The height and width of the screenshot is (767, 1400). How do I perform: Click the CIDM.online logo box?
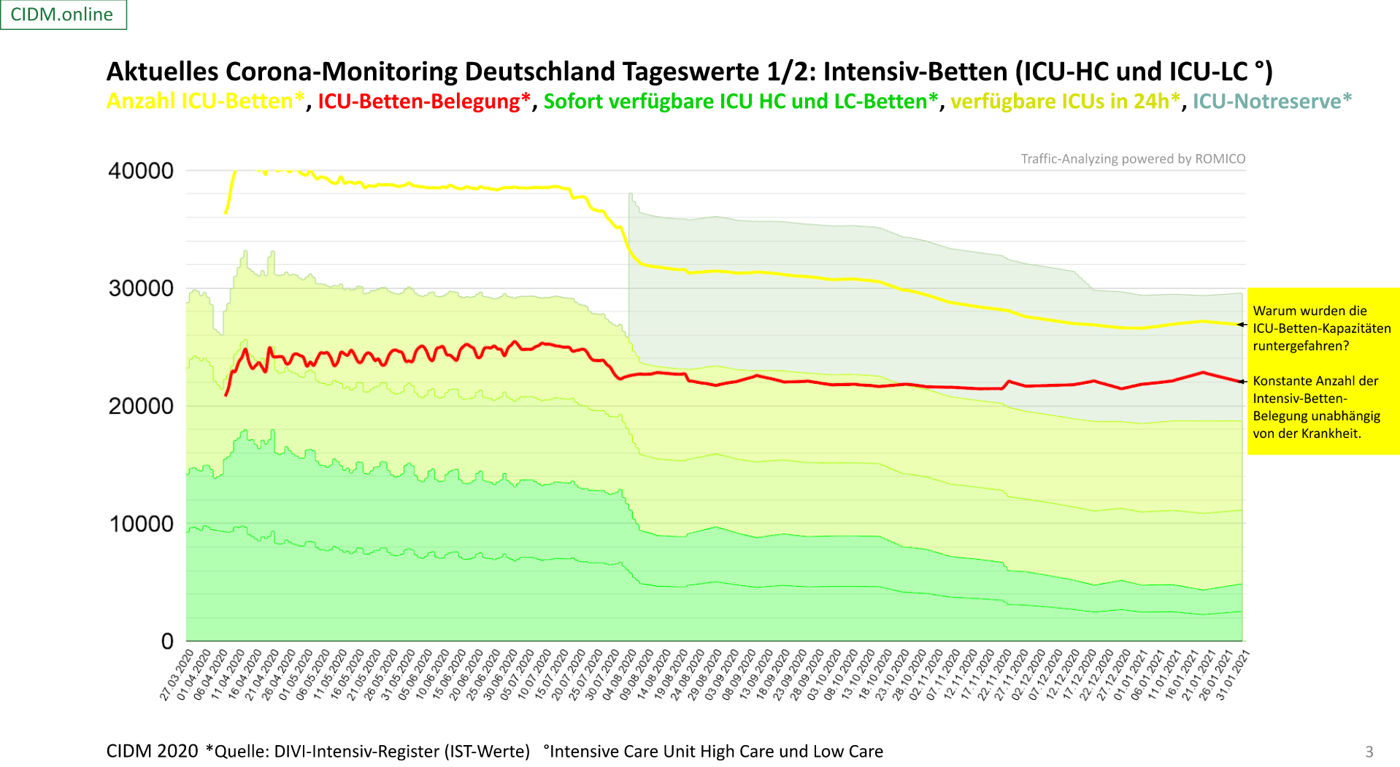pos(63,15)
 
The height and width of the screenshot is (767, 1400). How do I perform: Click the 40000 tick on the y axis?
pos(141,171)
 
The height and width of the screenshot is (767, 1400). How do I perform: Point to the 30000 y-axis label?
pos(141,288)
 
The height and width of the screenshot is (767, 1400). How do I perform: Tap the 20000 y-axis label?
pos(141,406)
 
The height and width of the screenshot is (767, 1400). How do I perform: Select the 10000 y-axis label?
pos(141,524)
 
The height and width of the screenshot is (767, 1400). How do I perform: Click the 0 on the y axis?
pos(167,641)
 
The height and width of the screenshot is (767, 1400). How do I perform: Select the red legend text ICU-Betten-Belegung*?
pos(423,101)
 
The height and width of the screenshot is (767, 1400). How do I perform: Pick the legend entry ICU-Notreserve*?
pos(1272,101)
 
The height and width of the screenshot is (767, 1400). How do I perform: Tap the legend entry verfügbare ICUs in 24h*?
pos(1065,101)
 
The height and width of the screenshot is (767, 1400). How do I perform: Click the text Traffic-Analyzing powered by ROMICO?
pos(1133,158)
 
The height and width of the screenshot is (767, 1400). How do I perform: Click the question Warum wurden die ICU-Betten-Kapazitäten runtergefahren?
pos(1321,328)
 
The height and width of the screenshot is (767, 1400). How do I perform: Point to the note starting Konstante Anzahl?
pos(1316,406)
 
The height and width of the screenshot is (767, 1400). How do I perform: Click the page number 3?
pos(1369,752)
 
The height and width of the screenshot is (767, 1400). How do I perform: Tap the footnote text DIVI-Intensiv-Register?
pos(401,751)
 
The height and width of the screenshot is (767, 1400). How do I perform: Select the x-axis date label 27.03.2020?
pos(177,675)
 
